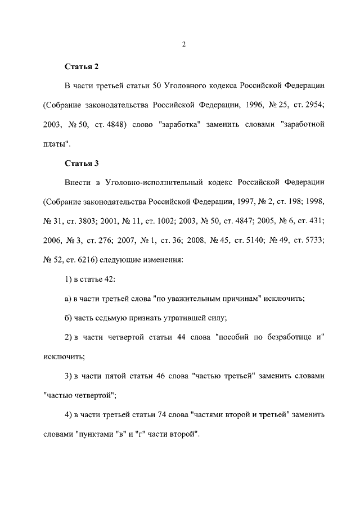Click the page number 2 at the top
click(x=183, y=46)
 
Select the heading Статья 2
click(x=82, y=67)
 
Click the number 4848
click(x=118, y=125)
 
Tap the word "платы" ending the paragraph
click(x=57, y=144)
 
